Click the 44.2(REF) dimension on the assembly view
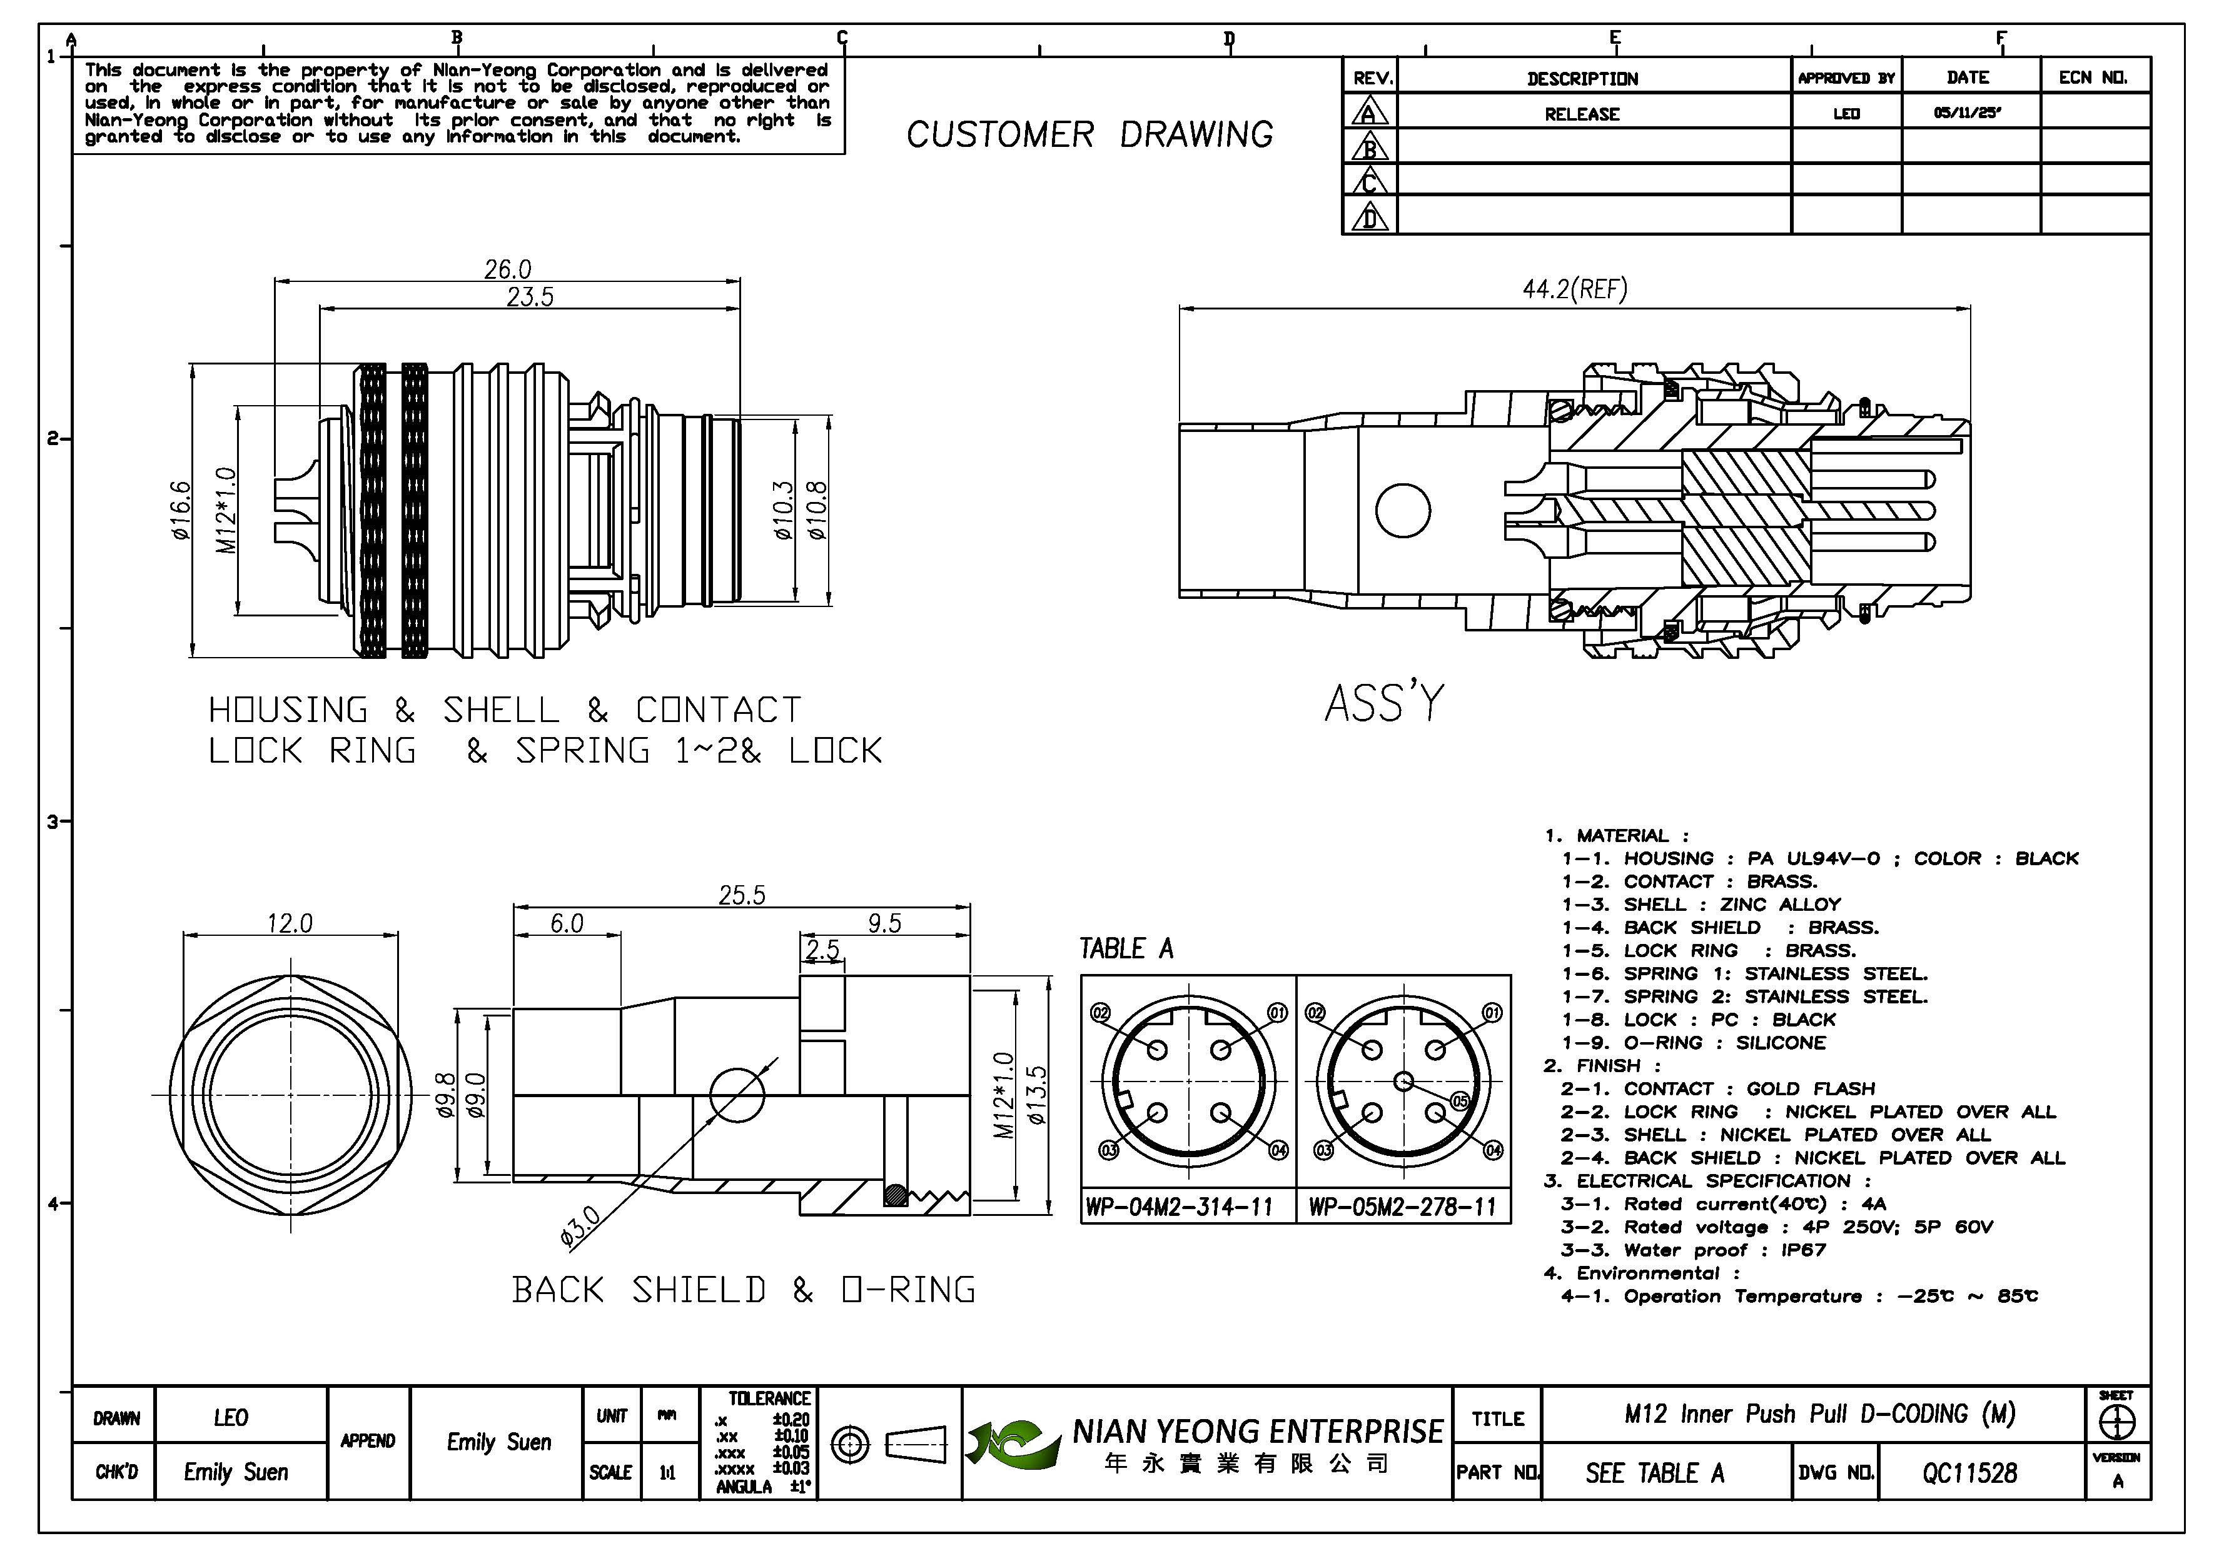[1574, 289]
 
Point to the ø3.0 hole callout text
[580, 1228]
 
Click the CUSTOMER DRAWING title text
[1089, 134]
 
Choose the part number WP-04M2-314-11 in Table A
[1178, 1207]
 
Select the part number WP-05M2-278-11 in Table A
[1402, 1207]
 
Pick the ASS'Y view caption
[1383, 704]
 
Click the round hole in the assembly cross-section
[1403, 510]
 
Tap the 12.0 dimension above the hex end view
[290, 923]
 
